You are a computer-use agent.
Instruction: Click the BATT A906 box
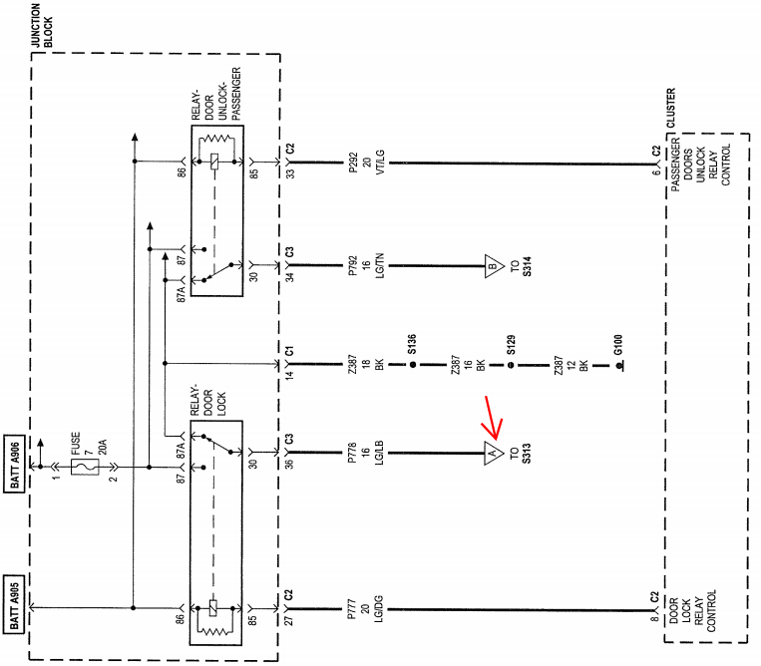point(14,464)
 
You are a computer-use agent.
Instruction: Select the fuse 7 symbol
point(85,468)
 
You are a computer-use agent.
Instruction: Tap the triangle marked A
point(493,454)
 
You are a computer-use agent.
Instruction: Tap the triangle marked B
point(493,266)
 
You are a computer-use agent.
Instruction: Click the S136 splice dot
point(413,364)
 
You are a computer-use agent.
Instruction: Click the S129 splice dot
point(511,365)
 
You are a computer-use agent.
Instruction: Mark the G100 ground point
point(619,366)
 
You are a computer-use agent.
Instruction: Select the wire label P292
point(353,163)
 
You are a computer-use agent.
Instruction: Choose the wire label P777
point(352,609)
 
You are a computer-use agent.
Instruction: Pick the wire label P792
point(353,266)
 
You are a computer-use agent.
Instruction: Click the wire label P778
point(352,453)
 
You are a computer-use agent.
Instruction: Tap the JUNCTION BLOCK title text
point(42,26)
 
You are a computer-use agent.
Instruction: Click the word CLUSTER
point(670,108)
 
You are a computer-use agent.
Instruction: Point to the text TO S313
point(521,453)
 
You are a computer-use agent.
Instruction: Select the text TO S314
point(521,266)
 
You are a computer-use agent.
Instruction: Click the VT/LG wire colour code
point(380,163)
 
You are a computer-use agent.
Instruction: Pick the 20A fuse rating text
point(103,447)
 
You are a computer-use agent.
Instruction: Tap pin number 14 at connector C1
point(290,374)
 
